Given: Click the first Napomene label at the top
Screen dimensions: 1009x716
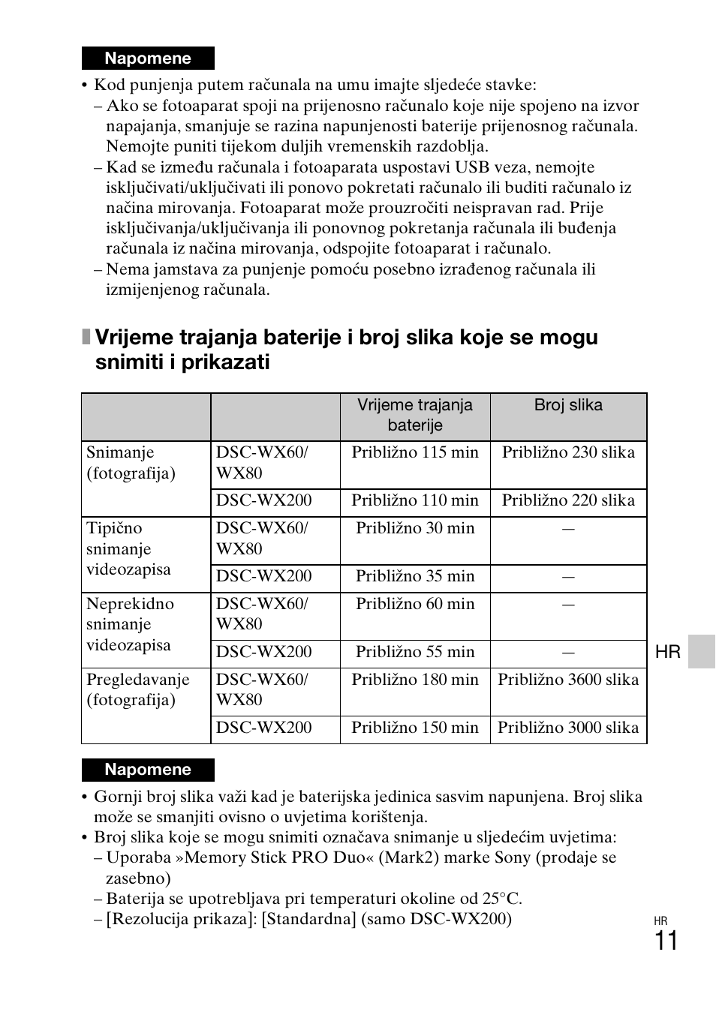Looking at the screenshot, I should point(148,59).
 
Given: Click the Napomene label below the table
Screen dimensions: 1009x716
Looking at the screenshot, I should point(148,770).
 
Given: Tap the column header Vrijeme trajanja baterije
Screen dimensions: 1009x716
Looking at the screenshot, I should point(415,416).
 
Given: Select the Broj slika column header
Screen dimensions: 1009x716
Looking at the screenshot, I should point(568,406).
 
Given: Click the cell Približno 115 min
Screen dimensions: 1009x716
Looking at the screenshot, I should point(415,452).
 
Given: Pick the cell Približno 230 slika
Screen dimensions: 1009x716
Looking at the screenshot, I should point(568,452).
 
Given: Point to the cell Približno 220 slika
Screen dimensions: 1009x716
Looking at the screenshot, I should point(568,500).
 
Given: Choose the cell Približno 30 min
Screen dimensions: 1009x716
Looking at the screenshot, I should point(415,528).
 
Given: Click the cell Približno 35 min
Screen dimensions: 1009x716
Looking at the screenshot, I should point(415,576).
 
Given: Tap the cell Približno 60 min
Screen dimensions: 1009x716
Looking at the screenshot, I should point(415,604).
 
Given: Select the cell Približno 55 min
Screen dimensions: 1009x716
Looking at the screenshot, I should point(415,652).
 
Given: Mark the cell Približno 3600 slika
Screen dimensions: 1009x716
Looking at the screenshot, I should point(568,680).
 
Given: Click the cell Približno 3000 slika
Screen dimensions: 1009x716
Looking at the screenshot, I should point(568,728).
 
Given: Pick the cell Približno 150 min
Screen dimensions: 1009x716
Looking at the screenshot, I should point(415,728).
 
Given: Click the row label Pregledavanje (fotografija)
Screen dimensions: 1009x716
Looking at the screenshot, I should point(138,690).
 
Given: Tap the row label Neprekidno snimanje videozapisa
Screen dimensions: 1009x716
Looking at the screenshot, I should point(130,624).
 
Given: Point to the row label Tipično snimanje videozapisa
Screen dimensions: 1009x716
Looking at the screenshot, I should point(128,549).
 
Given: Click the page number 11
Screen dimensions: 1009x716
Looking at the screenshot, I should point(666,941).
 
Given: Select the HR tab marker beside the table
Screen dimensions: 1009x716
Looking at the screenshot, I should point(667,652).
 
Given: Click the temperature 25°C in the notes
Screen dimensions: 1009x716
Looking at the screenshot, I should point(501,899).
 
